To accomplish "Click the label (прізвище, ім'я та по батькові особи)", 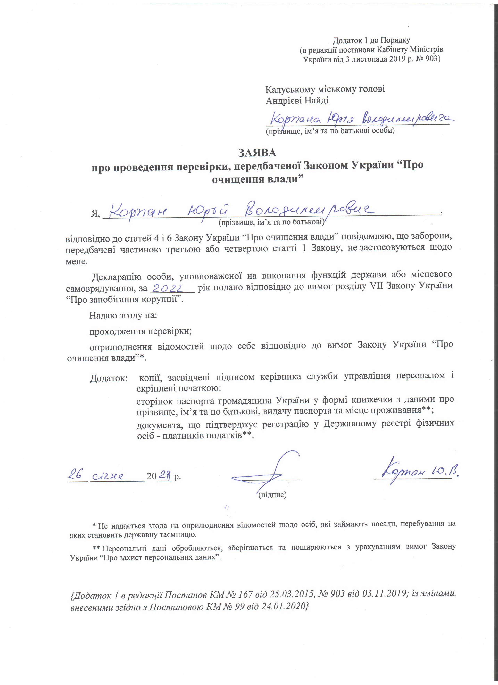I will tap(330, 131).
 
